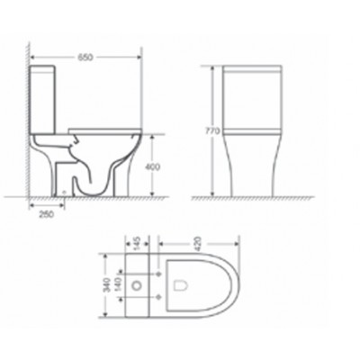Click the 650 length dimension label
click(x=85, y=58)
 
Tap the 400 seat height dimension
click(x=152, y=166)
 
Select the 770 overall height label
click(x=212, y=131)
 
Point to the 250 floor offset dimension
click(x=47, y=214)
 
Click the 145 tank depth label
click(x=137, y=243)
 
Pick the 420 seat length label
click(x=198, y=244)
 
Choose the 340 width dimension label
click(x=107, y=284)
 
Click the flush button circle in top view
click(x=137, y=285)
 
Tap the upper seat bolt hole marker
click(x=158, y=274)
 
